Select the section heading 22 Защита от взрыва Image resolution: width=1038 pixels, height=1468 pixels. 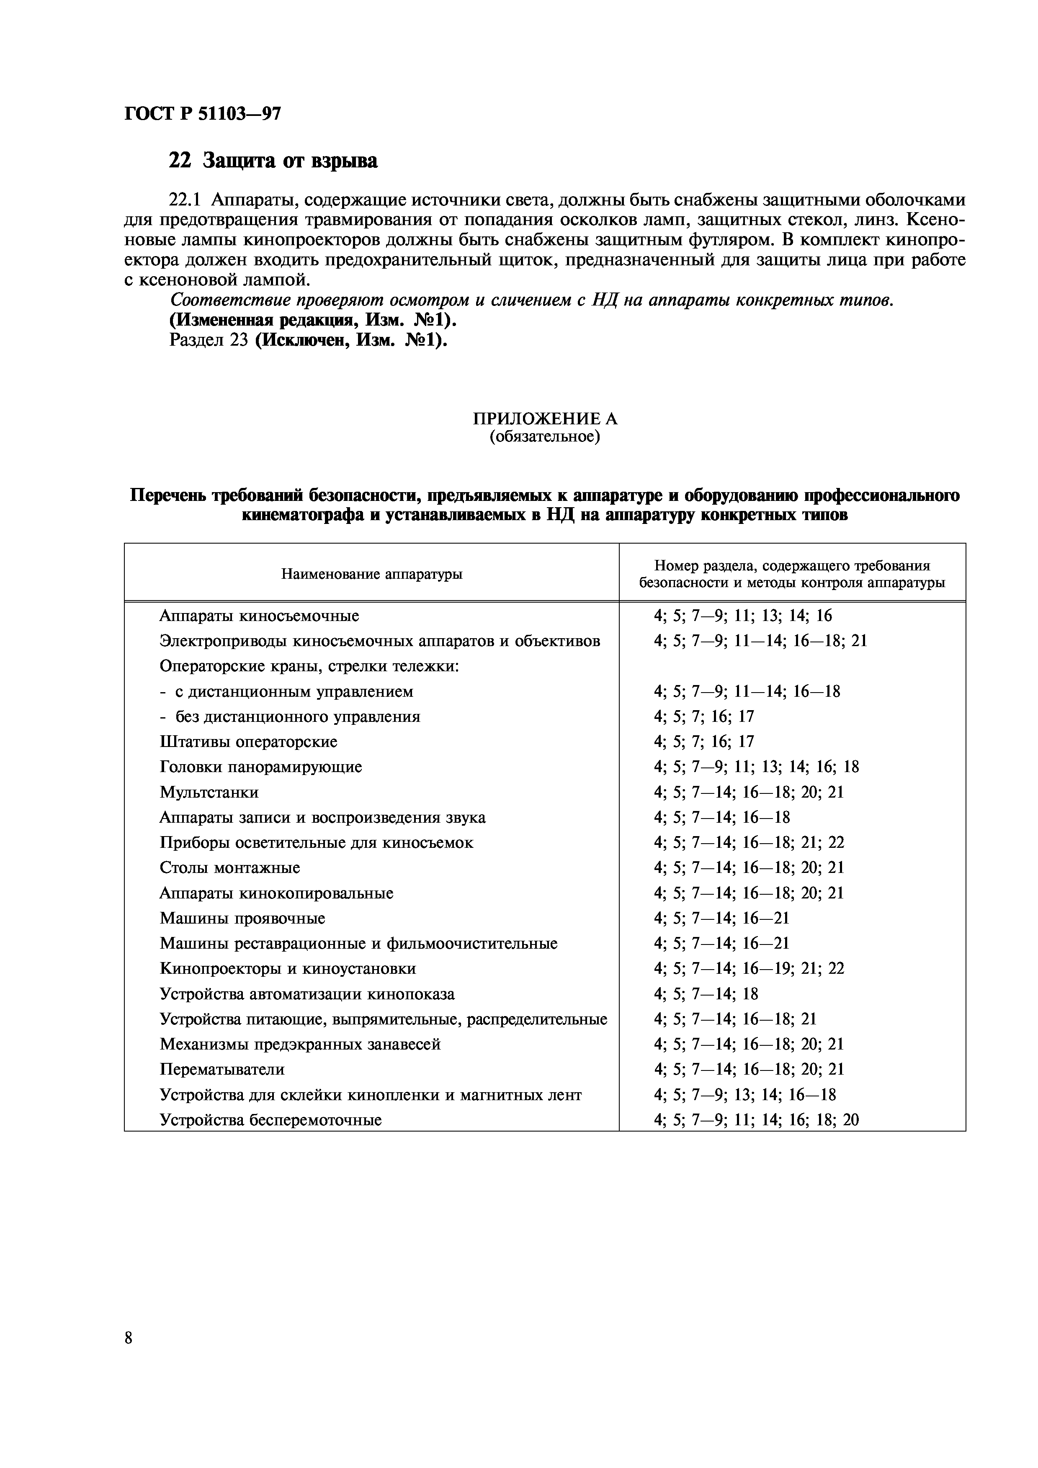pos(273,160)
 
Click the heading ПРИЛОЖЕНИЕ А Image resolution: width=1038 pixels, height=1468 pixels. pos(545,419)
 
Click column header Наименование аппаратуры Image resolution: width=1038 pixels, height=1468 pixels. pos(371,574)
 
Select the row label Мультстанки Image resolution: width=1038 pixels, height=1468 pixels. pos(209,792)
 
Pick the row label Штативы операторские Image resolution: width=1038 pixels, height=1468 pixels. pos(248,742)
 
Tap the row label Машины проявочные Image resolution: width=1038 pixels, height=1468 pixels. pos(242,918)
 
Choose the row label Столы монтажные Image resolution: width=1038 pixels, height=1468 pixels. pos(229,867)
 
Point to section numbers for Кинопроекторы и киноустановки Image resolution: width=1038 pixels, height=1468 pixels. pos(748,969)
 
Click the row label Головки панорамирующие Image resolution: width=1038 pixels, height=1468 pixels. pos(260,767)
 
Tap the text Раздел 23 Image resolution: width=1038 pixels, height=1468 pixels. pos(209,340)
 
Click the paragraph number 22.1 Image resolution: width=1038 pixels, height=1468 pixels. pos(185,200)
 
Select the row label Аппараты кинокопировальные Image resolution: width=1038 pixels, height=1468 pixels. pos(276,893)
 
